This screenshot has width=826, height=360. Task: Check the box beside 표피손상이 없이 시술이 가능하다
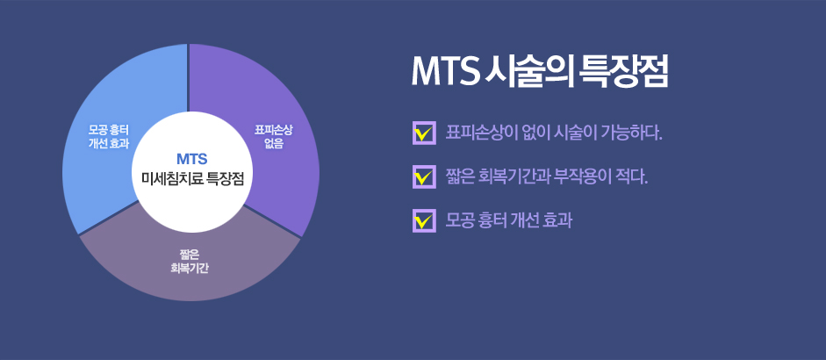[424, 133]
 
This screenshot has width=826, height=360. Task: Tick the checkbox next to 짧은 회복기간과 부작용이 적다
[424, 176]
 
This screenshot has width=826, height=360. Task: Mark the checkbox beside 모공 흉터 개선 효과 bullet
[424, 221]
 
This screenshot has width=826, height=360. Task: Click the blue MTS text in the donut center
[191, 158]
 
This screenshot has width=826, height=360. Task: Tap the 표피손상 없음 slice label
[274, 136]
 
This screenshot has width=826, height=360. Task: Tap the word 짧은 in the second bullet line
[458, 176]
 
